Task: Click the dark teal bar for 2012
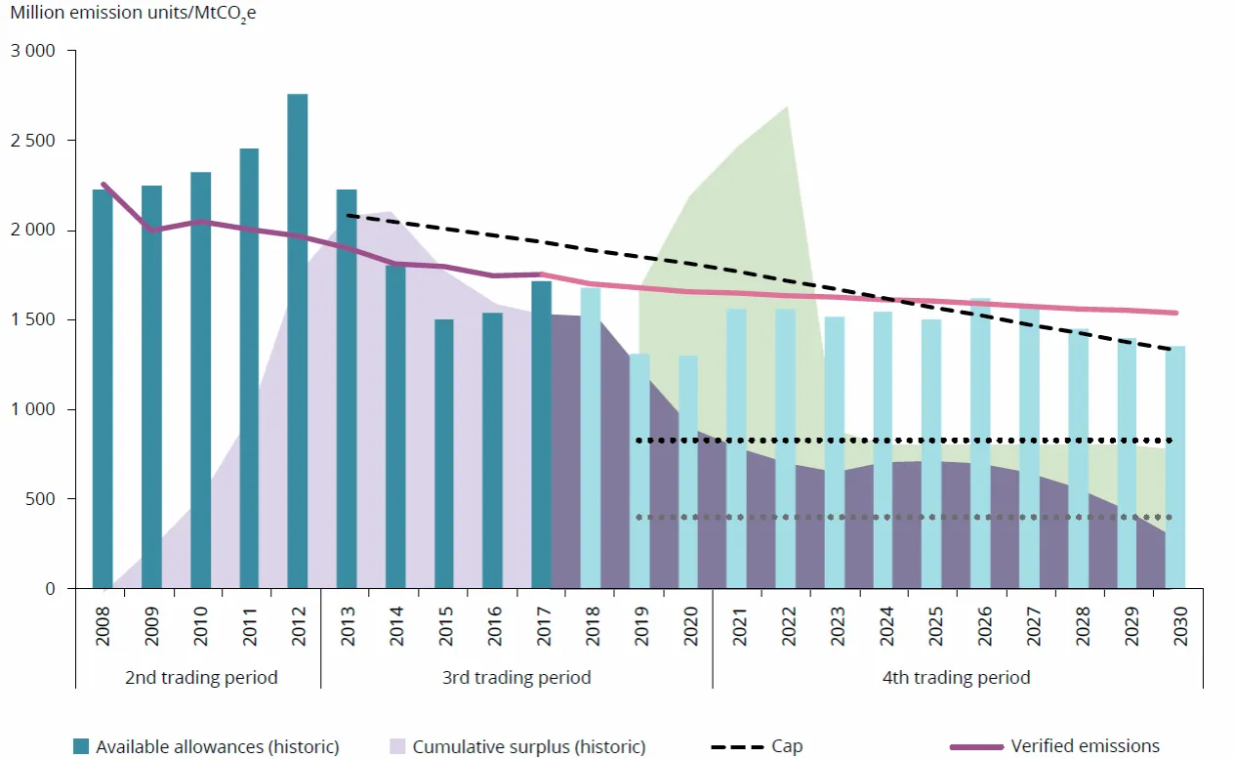click(298, 342)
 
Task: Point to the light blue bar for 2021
click(736, 449)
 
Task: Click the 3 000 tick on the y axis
click(35, 51)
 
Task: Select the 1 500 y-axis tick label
click(35, 320)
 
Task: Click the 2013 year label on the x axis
click(347, 622)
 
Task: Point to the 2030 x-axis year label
click(1176, 622)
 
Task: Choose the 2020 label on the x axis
click(688, 622)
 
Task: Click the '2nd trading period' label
click(201, 677)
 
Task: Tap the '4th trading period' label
click(956, 677)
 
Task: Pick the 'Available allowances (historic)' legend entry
click(206, 746)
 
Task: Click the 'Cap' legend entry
click(757, 746)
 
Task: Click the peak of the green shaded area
click(787, 106)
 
